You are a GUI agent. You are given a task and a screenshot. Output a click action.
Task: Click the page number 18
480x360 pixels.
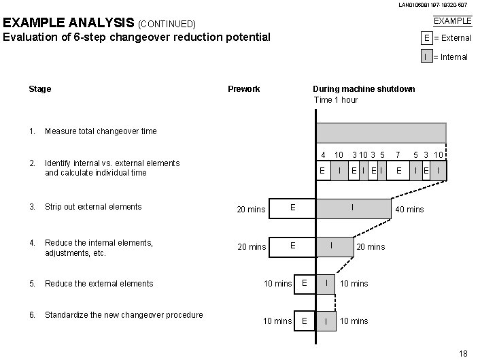point(464,353)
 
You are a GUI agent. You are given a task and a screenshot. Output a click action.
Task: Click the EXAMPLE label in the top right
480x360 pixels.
point(452,22)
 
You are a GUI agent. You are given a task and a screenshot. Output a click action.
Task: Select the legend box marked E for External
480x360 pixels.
point(426,38)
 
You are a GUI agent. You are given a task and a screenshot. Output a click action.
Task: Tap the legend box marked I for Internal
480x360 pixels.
point(426,56)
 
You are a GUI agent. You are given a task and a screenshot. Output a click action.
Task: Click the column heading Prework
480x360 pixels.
point(243,88)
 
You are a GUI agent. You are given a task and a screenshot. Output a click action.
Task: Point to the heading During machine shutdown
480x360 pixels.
point(364,88)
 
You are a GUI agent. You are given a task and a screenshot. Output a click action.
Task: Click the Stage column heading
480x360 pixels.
point(39,88)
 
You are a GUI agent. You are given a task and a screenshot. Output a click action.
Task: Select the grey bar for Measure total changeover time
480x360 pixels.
point(381,133)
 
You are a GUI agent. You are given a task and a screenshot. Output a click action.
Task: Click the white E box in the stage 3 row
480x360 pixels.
point(292,208)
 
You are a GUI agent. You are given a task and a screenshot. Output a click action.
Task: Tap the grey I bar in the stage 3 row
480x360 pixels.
point(354,208)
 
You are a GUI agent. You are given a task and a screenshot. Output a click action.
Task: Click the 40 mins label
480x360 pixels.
point(409,210)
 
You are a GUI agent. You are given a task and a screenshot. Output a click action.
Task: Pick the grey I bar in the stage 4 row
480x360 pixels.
point(335,246)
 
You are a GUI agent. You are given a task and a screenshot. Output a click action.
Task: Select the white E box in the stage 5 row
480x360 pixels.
point(305,284)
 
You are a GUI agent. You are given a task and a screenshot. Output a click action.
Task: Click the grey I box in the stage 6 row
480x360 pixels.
point(326,321)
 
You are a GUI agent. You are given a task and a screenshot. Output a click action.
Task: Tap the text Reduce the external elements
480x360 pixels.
point(99,284)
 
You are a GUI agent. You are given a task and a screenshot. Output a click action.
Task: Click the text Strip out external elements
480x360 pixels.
point(93,207)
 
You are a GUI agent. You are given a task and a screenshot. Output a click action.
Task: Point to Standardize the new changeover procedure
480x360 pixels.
point(124,315)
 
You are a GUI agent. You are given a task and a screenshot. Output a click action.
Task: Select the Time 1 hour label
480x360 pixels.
point(336,100)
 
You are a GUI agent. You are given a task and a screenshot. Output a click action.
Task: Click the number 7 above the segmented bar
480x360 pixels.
point(397,154)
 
